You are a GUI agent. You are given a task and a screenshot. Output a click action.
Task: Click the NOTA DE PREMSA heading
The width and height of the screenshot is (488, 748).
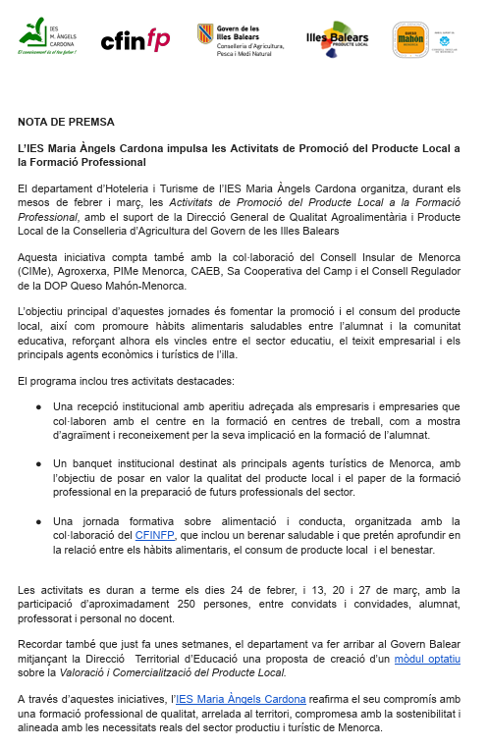(66, 122)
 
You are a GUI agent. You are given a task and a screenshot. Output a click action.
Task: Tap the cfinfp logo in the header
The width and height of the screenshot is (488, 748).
(135, 39)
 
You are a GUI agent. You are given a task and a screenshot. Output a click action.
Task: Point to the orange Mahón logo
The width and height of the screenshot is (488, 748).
(409, 40)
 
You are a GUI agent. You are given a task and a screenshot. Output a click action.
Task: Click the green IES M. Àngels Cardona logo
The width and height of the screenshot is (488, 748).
(49, 39)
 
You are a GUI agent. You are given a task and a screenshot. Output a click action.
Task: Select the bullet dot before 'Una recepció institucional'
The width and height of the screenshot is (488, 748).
(38, 405)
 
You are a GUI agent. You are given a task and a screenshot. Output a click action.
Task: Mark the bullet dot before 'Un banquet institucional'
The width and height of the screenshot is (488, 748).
(38, 463)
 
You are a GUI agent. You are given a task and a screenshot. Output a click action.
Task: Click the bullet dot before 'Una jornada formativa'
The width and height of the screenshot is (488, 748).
(38, 521)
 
